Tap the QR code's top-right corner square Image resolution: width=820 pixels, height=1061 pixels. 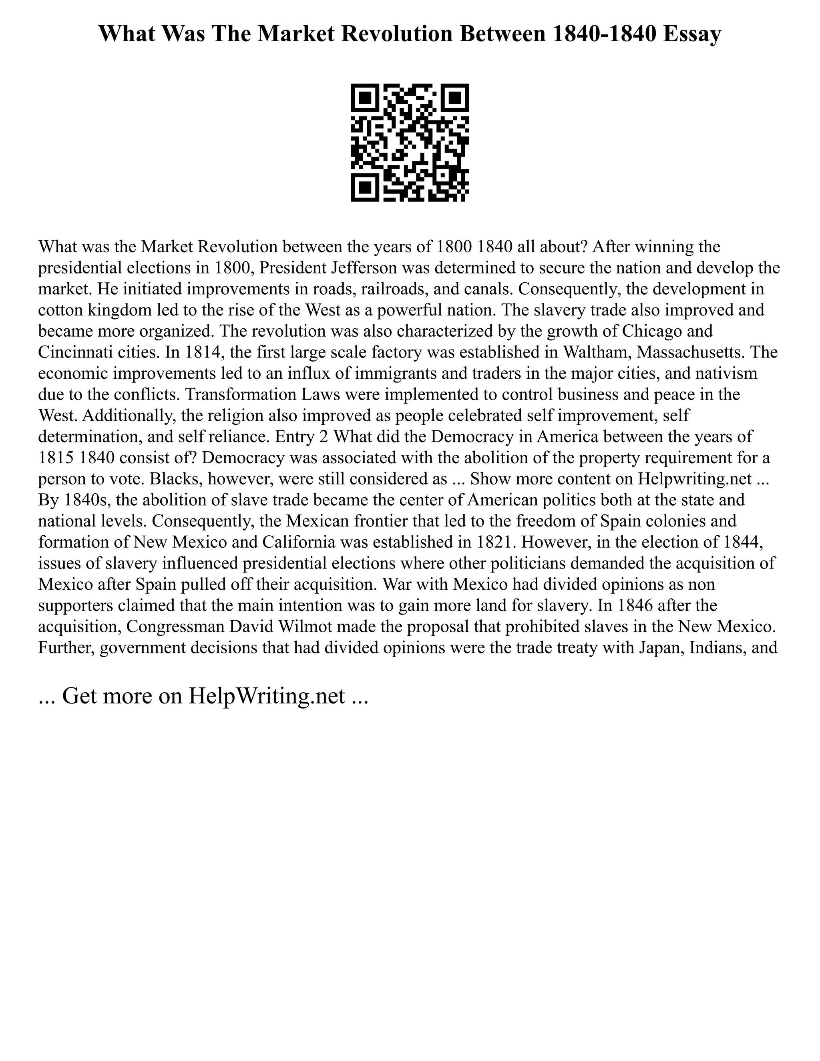[455, 98]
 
